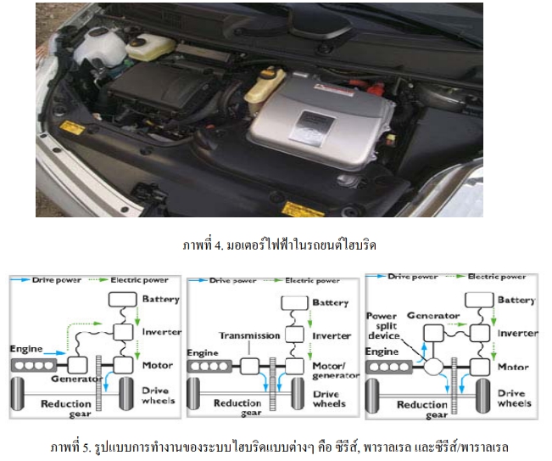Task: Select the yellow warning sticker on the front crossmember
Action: (303, 207)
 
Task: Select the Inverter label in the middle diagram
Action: (332, 335)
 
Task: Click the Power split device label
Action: (382, 325)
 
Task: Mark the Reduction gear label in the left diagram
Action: (66, 408)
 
